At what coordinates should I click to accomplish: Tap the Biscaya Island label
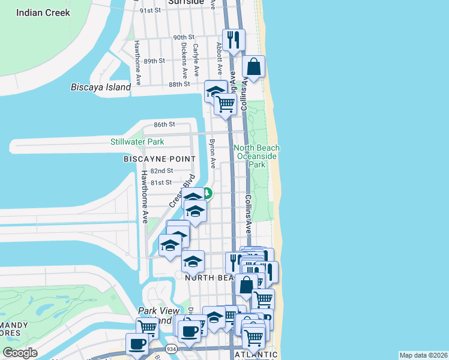click(101, 88)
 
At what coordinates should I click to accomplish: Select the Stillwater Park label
click(137, 142)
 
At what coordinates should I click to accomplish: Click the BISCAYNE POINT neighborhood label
click(159, 159)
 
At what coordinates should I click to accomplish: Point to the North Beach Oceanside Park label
click(256, 156)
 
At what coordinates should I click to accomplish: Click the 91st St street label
click(150, 10)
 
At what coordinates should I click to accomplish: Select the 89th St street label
click(154, 61)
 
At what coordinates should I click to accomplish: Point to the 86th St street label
click(163, 124)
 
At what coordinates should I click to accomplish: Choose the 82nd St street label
click(161, 171)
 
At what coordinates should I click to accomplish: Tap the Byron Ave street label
click(211, 154)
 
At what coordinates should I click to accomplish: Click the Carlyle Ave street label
click(196, 59)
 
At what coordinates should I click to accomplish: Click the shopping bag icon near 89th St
click(254, 67)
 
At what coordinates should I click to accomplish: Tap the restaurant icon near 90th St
click(234, 40)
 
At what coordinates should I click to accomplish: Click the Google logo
click(20, 353)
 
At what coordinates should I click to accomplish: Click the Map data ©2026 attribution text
click(423, 355)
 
